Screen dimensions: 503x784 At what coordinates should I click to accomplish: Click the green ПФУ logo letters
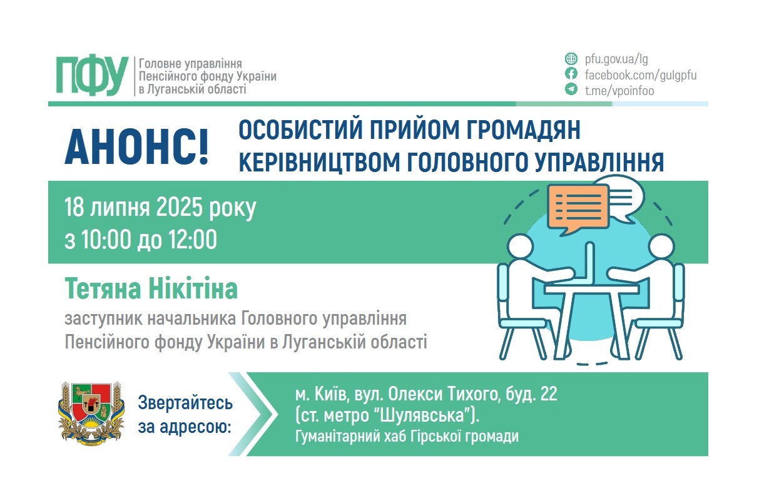(91, 76)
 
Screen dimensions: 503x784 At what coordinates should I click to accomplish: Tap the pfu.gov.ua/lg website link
(616, 59)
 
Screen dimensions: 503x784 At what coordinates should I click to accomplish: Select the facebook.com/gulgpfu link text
(640, 75)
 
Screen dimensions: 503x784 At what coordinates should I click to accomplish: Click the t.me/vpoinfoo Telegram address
(619, 91)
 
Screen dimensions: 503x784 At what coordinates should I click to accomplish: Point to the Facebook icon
(571, 74)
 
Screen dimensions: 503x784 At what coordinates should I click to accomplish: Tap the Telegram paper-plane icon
(571, 89)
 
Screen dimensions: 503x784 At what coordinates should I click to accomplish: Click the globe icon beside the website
(571, 59)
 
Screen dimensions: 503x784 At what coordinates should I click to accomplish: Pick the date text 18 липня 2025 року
(160, 207)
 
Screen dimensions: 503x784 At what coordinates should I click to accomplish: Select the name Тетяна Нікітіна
(151, 290)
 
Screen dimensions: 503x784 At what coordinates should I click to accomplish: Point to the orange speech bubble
(577, 206)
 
